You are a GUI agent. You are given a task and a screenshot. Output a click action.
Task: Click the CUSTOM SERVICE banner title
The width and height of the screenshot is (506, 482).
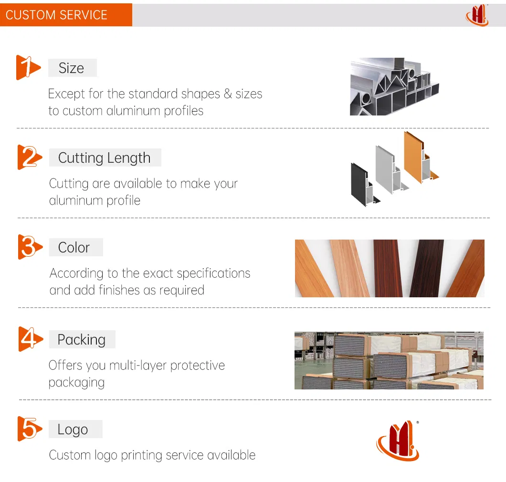[x=56, y=15]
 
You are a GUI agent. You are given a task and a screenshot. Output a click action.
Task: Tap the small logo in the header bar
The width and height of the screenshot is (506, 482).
[x=477, y=15]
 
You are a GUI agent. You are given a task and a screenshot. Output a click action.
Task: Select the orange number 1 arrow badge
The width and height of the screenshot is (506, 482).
[x=28, y=67]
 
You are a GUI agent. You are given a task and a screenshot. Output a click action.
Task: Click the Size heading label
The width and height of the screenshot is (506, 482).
[x=71, y=68]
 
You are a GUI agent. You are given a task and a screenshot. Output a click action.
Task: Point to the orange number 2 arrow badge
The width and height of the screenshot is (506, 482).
[x=30, y=157]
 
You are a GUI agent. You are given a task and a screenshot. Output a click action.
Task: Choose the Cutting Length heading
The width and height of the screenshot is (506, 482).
[x=104, y=158]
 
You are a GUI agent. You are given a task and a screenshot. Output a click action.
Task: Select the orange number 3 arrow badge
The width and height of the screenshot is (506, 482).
[x=30, y=247]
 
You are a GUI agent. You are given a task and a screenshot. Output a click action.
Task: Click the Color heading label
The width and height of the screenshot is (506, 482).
[x=74, y=248]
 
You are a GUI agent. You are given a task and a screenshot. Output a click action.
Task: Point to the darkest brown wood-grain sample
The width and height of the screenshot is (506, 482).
[x=426, y=268]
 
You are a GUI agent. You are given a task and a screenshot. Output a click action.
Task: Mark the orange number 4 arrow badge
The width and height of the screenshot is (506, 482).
[x=31, y=339]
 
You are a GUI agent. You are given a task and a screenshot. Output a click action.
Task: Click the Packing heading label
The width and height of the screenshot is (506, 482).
[x=82, y=340]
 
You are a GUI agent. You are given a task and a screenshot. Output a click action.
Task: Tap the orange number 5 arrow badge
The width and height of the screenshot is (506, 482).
[x=30, y=429]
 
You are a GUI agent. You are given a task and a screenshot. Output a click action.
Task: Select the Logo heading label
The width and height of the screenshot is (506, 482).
[x=73, y=430]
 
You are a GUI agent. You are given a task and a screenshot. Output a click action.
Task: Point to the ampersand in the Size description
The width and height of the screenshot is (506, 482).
[x=228, y=94]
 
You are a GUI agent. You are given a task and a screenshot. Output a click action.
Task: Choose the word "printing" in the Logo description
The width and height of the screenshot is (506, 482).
[x=142, y=456]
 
